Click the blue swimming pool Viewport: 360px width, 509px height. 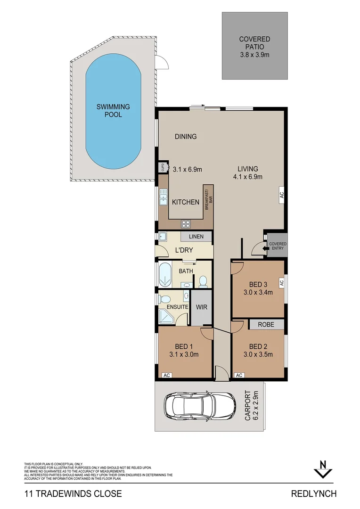click(x=114, y=111)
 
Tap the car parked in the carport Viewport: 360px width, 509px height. click(x=199, y=406)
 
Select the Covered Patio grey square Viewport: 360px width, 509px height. click(x=255, y=45)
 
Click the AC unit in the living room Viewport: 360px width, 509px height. click(x=281, y=194)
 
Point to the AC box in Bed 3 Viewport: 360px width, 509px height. click(x=281, y=283)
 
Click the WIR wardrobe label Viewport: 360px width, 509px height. click(x=201, y=307)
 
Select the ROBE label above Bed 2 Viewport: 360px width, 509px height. click(x=267, y=325)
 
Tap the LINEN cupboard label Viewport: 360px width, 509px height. click(x=196, y=236)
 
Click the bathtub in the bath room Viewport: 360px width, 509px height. click(x=164, y=275)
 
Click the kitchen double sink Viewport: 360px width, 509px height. click(x=163, y=197)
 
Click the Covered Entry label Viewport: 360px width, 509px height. click(x=277, y=246)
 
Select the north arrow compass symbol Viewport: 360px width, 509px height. click(x=323, y=469)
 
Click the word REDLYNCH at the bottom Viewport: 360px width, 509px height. click(x=314, y=494)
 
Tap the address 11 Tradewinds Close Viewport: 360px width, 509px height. click(x=73, y=494)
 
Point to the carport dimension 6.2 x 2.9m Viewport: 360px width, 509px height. click(x=256, y=405)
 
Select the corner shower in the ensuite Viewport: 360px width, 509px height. click(x=166, y=317)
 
